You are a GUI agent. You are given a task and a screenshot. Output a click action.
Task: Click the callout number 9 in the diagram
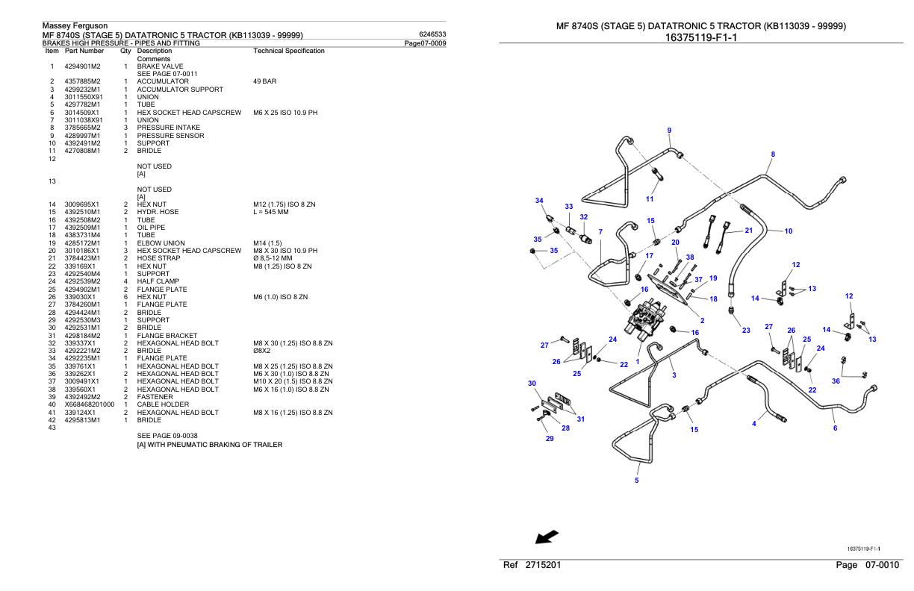[x=669, y=131]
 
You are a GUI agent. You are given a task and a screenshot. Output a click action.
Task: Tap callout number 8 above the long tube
[x=773, y=154]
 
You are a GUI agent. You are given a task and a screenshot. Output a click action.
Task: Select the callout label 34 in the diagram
[x=539, y=200]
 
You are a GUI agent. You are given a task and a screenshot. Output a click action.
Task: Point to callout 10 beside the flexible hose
[x=788, y=231]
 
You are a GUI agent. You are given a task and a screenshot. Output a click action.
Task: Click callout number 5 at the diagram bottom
[x=636, y=481]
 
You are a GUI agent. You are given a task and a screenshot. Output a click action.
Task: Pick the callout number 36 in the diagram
[x=836, y=381]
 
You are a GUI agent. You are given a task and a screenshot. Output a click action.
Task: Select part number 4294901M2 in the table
[x=82, y=66]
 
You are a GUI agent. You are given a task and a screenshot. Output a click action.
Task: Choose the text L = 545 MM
[x=271, y=212]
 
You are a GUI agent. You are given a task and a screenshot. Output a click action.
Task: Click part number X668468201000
[x=90, y=404]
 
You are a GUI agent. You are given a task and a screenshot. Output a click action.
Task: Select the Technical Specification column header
[x=289, y=51]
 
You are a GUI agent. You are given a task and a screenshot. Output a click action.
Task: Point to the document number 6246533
[x=433, y=34]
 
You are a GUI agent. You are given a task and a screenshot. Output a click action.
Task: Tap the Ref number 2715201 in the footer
[x=543, y=566]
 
